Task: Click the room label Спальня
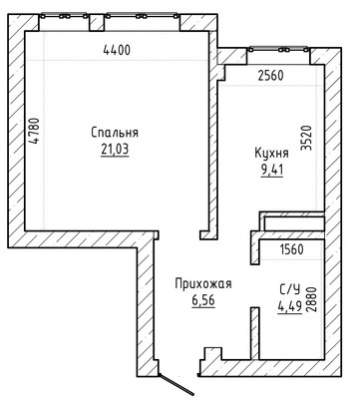115,133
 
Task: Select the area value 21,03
115,150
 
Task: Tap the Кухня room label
271,154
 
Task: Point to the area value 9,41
272,170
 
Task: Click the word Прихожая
203,284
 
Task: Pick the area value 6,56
203,300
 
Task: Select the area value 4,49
290,306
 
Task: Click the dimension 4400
117,50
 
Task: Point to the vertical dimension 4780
34,131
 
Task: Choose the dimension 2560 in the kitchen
270,76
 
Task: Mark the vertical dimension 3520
306,138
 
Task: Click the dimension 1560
291,249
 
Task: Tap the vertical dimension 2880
312,299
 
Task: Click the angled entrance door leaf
176,384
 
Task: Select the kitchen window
278,50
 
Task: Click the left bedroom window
64,16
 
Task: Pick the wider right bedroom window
142,16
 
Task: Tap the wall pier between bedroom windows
97,23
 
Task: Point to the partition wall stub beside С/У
255,333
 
